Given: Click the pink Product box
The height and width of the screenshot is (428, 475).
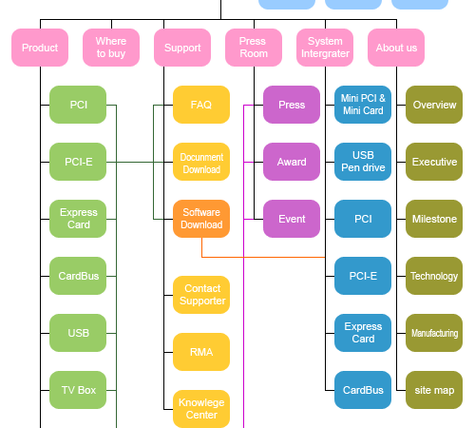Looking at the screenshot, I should [40, 48].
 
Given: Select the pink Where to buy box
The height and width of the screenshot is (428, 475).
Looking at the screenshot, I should [111, 48].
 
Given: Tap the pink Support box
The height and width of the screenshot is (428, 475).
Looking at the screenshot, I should [182, 48].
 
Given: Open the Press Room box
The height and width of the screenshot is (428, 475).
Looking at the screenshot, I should [254, 48].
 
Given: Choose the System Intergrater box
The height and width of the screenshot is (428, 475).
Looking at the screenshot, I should [325, 48].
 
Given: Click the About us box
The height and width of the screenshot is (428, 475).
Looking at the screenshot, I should [396, 48].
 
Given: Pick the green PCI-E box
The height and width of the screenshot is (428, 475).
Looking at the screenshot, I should [78, 162].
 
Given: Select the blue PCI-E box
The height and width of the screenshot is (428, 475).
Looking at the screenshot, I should [363, 276].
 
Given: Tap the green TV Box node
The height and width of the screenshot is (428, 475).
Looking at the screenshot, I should [78, 390].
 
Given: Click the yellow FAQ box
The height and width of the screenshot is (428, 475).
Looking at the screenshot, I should [201, 105].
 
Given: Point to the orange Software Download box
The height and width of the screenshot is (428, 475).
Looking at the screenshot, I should [201, 219].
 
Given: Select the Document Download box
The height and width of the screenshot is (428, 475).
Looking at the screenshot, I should [201, 162].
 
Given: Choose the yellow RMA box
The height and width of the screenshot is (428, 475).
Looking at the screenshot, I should [201, 352].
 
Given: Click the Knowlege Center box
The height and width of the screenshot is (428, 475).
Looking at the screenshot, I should [201, 408].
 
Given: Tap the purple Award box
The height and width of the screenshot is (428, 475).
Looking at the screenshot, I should [292, 162].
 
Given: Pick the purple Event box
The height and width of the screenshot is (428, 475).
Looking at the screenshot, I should [292, 219].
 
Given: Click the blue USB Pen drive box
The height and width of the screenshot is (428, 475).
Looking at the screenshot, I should [363, 162].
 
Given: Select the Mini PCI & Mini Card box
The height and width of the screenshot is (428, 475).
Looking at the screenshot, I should [363, 105].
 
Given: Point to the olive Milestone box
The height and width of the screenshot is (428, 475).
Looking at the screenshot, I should [434, 219].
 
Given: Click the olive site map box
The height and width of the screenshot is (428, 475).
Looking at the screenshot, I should [434, 390].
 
